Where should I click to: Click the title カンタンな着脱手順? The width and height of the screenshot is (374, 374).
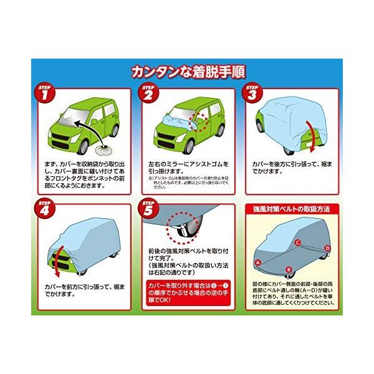pyautogui.click(x=186, y=70)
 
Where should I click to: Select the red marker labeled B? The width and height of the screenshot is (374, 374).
pyautogui.click(x=288, y=269)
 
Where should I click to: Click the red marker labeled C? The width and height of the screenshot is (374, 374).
pyautogui.click(x=297, y=242)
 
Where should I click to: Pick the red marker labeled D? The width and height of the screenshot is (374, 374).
pyautogui.click(x=327, y=249)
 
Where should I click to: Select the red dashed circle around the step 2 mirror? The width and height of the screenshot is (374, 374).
pyautogui.click(x=201, y=121)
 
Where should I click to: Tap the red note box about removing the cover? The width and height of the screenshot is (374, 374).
pyautogui.click(x=186, y=289)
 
